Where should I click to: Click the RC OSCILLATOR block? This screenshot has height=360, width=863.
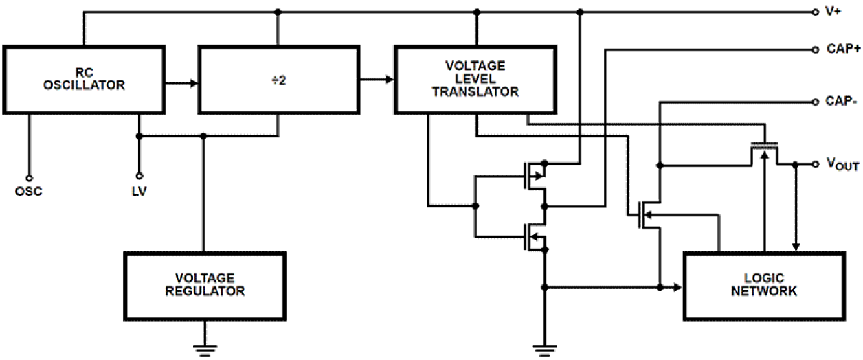click(85, 79)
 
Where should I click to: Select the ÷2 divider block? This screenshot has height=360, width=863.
click(278, 79)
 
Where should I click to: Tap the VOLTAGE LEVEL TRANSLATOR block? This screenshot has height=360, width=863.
click(475, 79)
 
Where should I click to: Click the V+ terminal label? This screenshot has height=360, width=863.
click(833, 12)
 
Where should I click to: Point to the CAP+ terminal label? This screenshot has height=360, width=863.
click(841, 49)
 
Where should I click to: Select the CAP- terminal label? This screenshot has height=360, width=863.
click(840, 101)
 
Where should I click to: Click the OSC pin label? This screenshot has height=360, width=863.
click(29, 191)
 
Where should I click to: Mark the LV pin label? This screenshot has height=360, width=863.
click(139, 191)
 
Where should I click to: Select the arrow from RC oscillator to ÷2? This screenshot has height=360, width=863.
click(181, 84)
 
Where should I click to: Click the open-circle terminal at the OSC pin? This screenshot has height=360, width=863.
click(29, 177)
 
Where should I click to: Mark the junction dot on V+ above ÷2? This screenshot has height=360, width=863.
click(278, 12)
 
